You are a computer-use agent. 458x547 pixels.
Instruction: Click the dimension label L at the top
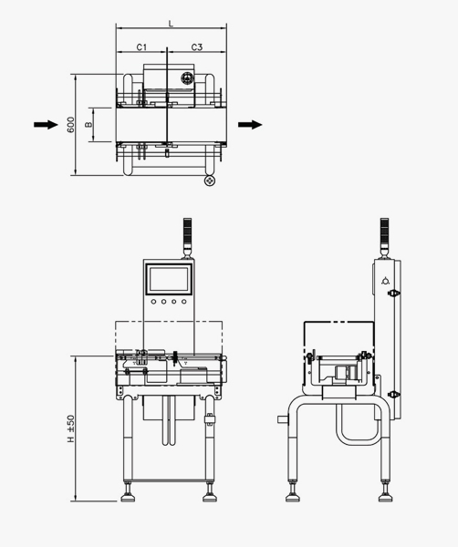tap(171, 24)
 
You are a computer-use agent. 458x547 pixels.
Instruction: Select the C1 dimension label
tap(141, 47)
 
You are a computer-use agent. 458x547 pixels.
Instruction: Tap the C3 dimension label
tap(197, 47)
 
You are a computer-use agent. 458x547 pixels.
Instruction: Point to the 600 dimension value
tap(70, 125)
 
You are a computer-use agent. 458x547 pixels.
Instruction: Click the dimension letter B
tap(88, 125)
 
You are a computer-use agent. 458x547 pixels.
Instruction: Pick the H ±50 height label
tap(70, 428)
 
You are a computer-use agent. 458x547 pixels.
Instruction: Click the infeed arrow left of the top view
tap(46, 125)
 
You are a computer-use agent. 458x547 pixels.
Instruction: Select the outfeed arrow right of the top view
tap(250, 125)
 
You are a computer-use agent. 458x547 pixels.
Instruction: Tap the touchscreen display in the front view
tap(169, 280)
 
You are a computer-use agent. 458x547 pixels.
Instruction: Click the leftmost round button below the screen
tap(153, 302)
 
